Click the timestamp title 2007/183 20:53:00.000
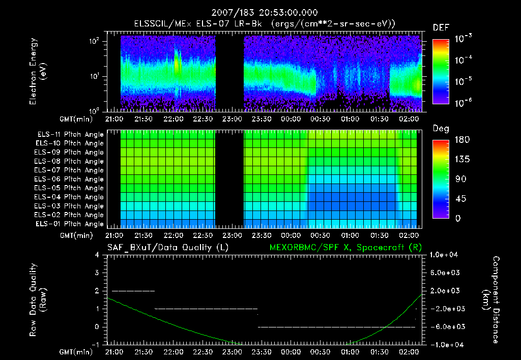click(260, 12)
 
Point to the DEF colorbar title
click(440, 27)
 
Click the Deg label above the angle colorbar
click(440, 129)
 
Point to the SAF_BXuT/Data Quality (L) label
click(167, 248)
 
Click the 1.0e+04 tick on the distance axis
click(445, 254)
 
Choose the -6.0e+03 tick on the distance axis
click(445, 326)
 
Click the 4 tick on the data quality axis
click(98, 255)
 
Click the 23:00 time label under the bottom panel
click(233, 351)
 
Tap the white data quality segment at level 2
click(133, 291)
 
